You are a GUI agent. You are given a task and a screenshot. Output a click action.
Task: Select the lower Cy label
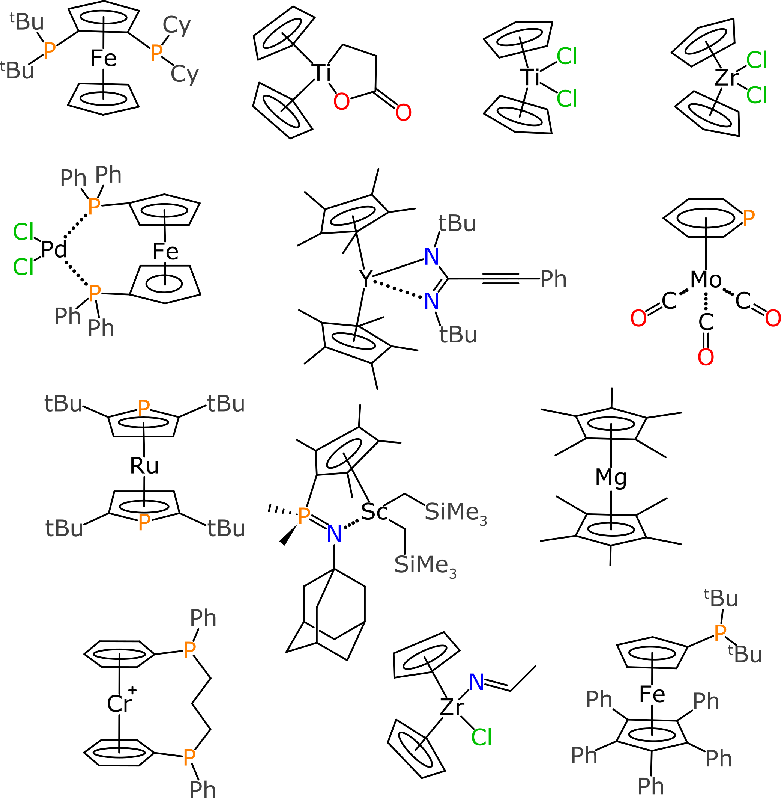(x=185, y=74)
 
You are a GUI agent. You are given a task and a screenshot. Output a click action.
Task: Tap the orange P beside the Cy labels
(x=156, y=53)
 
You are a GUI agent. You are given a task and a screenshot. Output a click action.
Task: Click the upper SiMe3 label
(x=455, y=513)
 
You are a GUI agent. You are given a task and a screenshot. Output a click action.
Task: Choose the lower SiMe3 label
(x=425, y=565)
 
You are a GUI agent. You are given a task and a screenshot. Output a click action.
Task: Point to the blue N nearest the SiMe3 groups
(x=334, y=534)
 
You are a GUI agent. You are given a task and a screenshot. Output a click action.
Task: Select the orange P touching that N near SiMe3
(x=304, y=516)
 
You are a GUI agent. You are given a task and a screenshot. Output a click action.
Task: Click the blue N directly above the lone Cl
(x=476, y=682)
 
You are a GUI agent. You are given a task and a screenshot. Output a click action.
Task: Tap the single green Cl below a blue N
(x=481, y=738)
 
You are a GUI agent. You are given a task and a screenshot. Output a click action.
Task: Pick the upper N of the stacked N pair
(x=431, y=257)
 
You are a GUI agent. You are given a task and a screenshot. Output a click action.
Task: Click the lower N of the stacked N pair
(x=431, y=302)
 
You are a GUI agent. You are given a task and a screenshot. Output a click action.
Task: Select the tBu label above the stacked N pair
(x=457, y=223)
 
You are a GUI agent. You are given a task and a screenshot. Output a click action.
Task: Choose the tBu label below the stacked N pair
(x=458, y=335)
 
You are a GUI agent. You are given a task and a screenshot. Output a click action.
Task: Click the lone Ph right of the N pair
(x=553, y=279)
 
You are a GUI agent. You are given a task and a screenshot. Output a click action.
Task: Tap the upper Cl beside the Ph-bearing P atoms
(x=23, y=232)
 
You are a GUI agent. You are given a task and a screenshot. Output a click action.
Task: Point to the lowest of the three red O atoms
(x=706, y=357)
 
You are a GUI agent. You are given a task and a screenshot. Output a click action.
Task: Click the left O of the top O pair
(x=341, y=101)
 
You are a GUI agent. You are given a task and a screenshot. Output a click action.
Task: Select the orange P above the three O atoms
(x=748, y=218)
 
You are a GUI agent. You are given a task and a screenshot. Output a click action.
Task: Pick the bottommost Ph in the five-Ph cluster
(x=650, y=786)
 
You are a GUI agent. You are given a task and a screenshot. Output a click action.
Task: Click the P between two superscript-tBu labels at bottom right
(x=720, y=633)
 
